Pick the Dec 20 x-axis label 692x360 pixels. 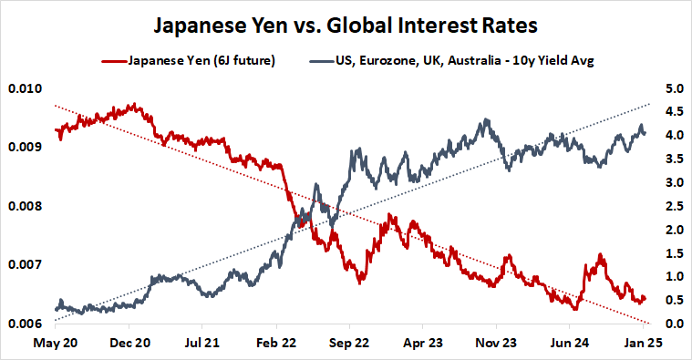[129, 345]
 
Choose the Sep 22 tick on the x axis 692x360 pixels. [349, 345]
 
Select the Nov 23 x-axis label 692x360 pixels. [497, 345]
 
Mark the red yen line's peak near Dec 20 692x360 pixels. [134, 105]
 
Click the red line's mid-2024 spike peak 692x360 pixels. [600, 255]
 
